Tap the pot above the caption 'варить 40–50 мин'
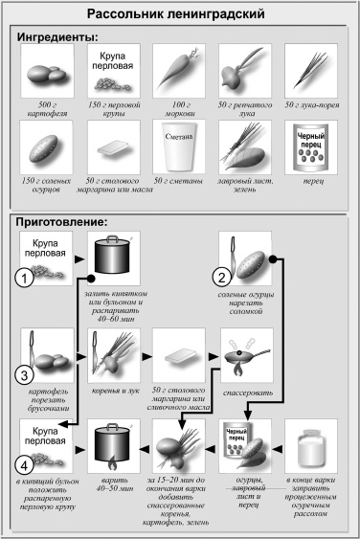[113, 446]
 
